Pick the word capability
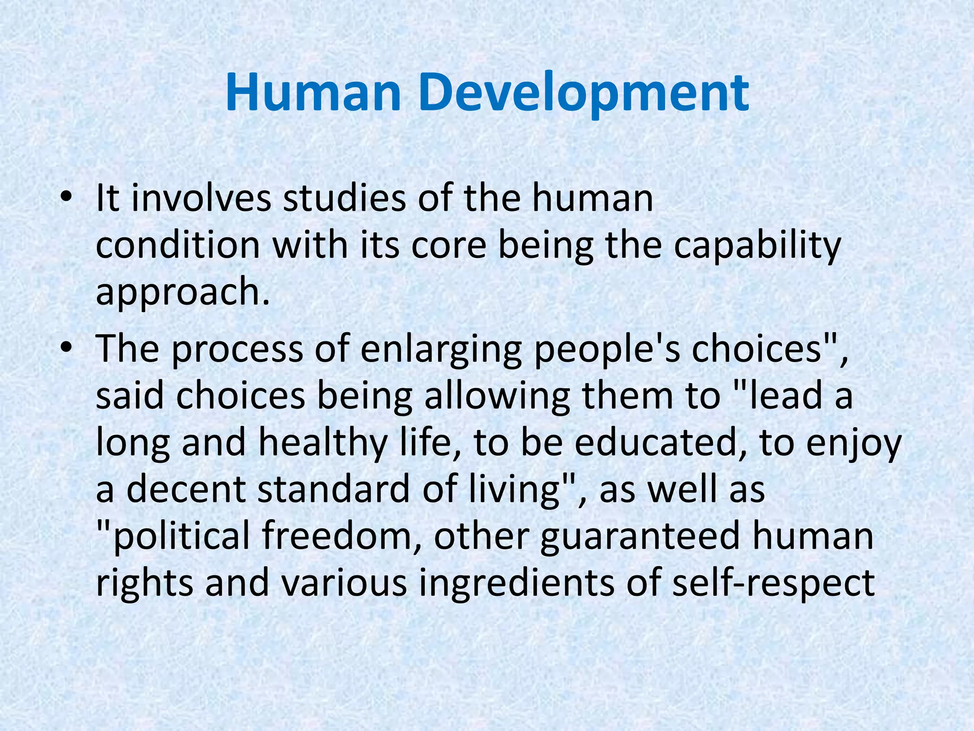(757, 246)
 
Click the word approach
(183, 293)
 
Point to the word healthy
(323, 443)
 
